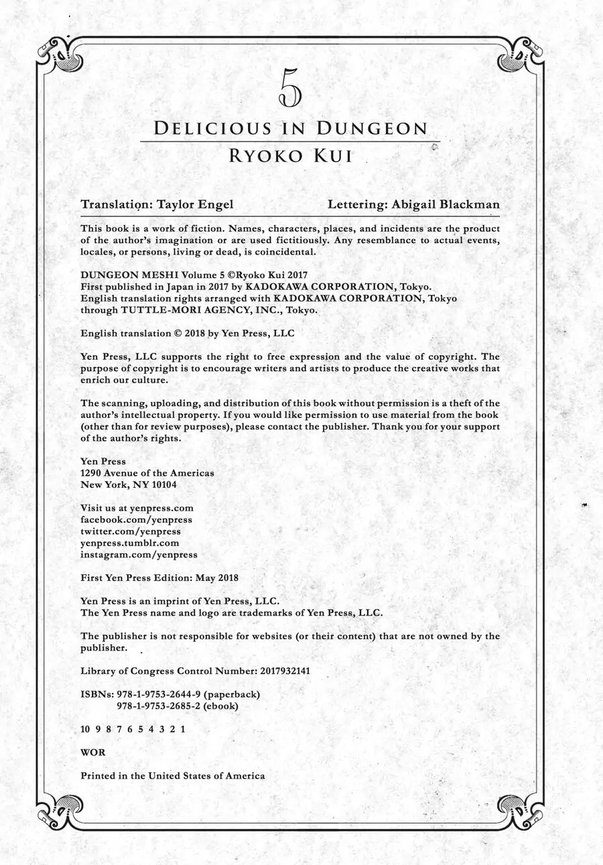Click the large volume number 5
(290, 89)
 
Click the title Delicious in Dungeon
(290, 129)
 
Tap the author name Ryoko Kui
(290, 156)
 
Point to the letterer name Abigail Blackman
(453, 205)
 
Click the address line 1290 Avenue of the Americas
(147, 473)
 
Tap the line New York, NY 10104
(129, 484)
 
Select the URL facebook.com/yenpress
(136, 519)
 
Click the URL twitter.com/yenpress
(130, 531)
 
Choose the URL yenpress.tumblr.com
(130, 543)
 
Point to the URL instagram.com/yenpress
(139, 555)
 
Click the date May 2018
(218, 578)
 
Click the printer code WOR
(92, 752)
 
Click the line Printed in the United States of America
(172, 776)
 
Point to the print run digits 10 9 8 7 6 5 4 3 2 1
(133, 730)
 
